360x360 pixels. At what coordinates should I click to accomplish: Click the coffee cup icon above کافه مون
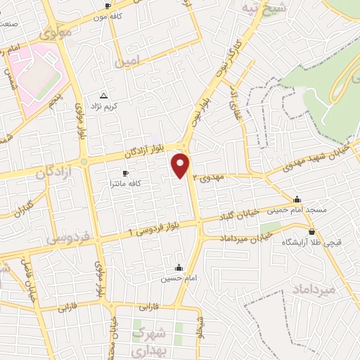107,6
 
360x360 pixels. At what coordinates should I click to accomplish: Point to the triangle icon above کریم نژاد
104,96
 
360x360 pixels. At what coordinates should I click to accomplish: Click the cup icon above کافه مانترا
126,173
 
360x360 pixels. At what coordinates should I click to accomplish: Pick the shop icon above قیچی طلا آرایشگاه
310,231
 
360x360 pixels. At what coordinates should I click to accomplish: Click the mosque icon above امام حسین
179,268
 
